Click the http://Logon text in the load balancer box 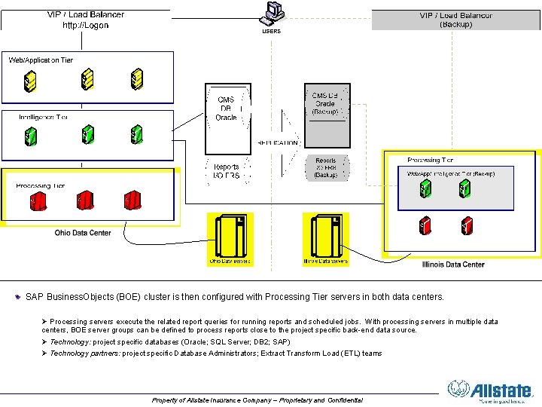(x=85, y=25)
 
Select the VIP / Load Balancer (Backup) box (x=456, y=20)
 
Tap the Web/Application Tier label (x=41, y=60)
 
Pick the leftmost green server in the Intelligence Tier (x=30, y=136)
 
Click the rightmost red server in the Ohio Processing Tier (x=133, y=201)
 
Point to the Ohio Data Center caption (x=83, y=233)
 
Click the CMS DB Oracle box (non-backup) (x=226, y=109)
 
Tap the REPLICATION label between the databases (x=278, y=142)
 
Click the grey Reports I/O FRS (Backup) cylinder (x=326, y=167)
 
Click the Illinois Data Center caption (x=453, y=265)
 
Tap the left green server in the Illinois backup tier (x=425, y=188)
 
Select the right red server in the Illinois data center (x=466, y=225)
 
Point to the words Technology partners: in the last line (x=84, y=353)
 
